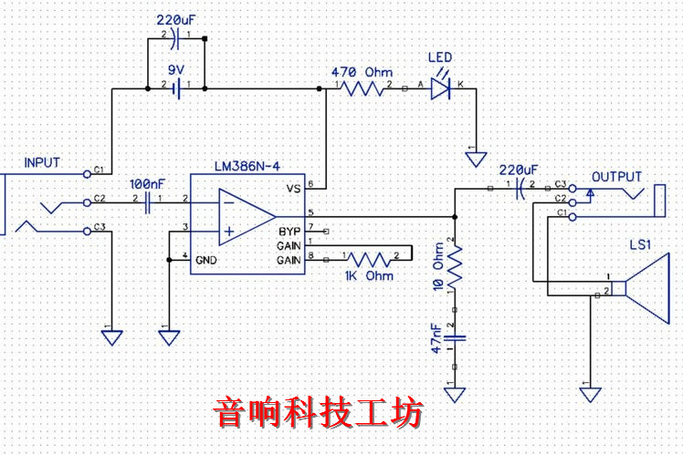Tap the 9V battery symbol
point(175,88)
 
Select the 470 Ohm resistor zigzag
point(364,88)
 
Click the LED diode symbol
point(440,88)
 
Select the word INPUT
point(42,163)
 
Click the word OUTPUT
point(616,177)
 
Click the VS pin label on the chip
point(293,189)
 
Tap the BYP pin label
point(289,229)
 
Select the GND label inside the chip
point(206,260)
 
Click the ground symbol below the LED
point(475,160)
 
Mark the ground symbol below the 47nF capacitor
point(455,394)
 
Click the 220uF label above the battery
point(174,19)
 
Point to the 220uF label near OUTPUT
point(519,170)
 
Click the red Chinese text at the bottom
point(319,413)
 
